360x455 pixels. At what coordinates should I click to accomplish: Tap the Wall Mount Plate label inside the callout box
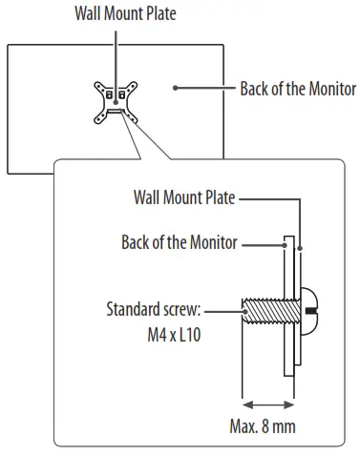[186, 198]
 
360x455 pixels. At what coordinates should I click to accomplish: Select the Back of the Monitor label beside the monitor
[297, 90]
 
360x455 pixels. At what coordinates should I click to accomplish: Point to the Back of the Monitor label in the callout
[179, 242]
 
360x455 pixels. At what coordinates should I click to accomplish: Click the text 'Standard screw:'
[153, 311]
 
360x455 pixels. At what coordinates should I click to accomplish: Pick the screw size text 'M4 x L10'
[171, 337]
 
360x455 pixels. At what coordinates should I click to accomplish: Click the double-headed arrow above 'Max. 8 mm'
[264, 403]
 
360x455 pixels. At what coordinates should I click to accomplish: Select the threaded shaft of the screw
[265, 312]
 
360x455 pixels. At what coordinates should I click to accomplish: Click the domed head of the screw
[308, 311]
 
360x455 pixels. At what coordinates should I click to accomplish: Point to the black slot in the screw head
[310, 311]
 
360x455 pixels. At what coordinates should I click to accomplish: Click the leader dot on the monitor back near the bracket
[176, 88]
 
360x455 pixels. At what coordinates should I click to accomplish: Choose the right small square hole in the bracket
[121, 96]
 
